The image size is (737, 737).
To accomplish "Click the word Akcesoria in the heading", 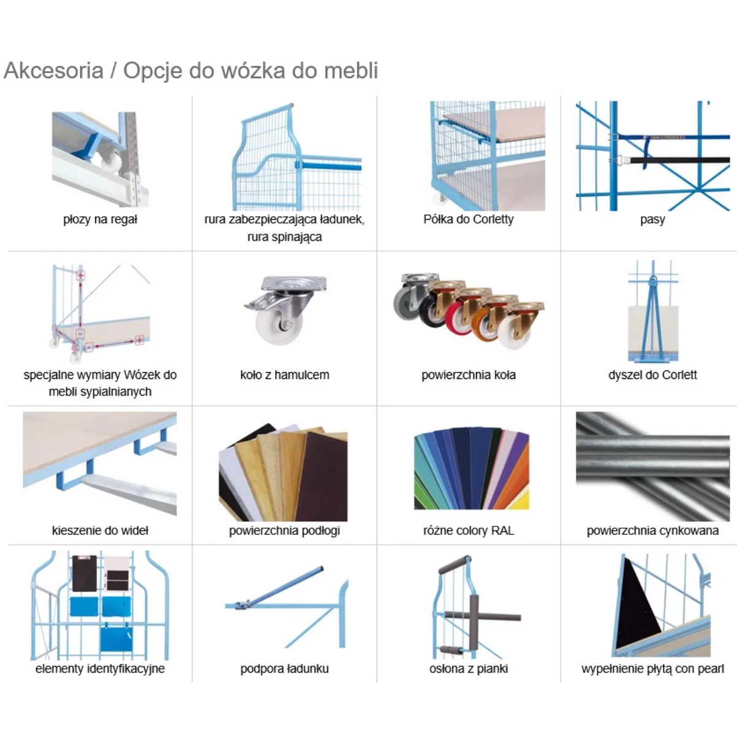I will click(53, 71).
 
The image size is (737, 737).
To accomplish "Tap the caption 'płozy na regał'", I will click(100, 219).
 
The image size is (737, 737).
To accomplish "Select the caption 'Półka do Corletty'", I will click(468, 219).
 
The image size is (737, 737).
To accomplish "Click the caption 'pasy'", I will click(652, 219).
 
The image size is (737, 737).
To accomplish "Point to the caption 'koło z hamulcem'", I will click(284, 375).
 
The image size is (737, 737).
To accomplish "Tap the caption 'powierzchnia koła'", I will click(468, 375).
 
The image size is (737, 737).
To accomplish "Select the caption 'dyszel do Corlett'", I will click(652, 375).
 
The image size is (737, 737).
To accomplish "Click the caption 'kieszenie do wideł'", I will click(100, 531).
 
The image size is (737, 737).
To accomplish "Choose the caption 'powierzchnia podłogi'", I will click(284, 531).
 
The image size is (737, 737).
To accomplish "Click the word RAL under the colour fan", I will click(502, 531).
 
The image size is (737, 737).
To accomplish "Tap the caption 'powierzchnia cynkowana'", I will click(652, 531).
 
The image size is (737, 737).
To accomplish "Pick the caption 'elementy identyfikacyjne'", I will click(100, 669).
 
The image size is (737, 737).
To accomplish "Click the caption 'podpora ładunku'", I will click(284, 669).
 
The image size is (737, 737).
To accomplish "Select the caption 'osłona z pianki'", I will click(468, 669).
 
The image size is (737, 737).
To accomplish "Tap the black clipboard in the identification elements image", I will click(84, 572).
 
